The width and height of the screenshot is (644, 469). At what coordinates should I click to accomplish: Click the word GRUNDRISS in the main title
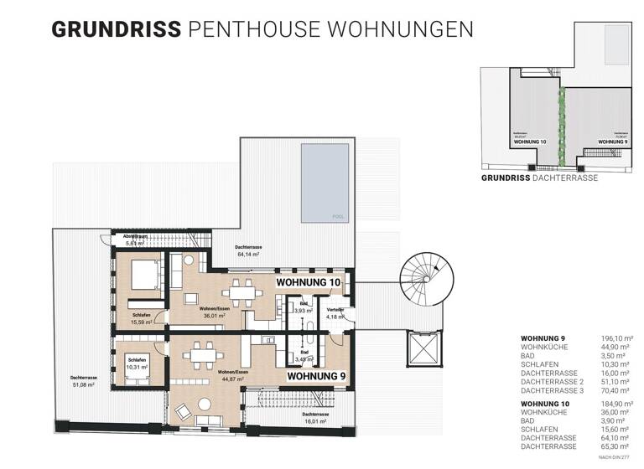coord(117,29)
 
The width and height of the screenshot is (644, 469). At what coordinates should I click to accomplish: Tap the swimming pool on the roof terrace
coord(325,183)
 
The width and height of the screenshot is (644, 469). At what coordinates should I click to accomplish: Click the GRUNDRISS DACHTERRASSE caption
coord(539,178)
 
